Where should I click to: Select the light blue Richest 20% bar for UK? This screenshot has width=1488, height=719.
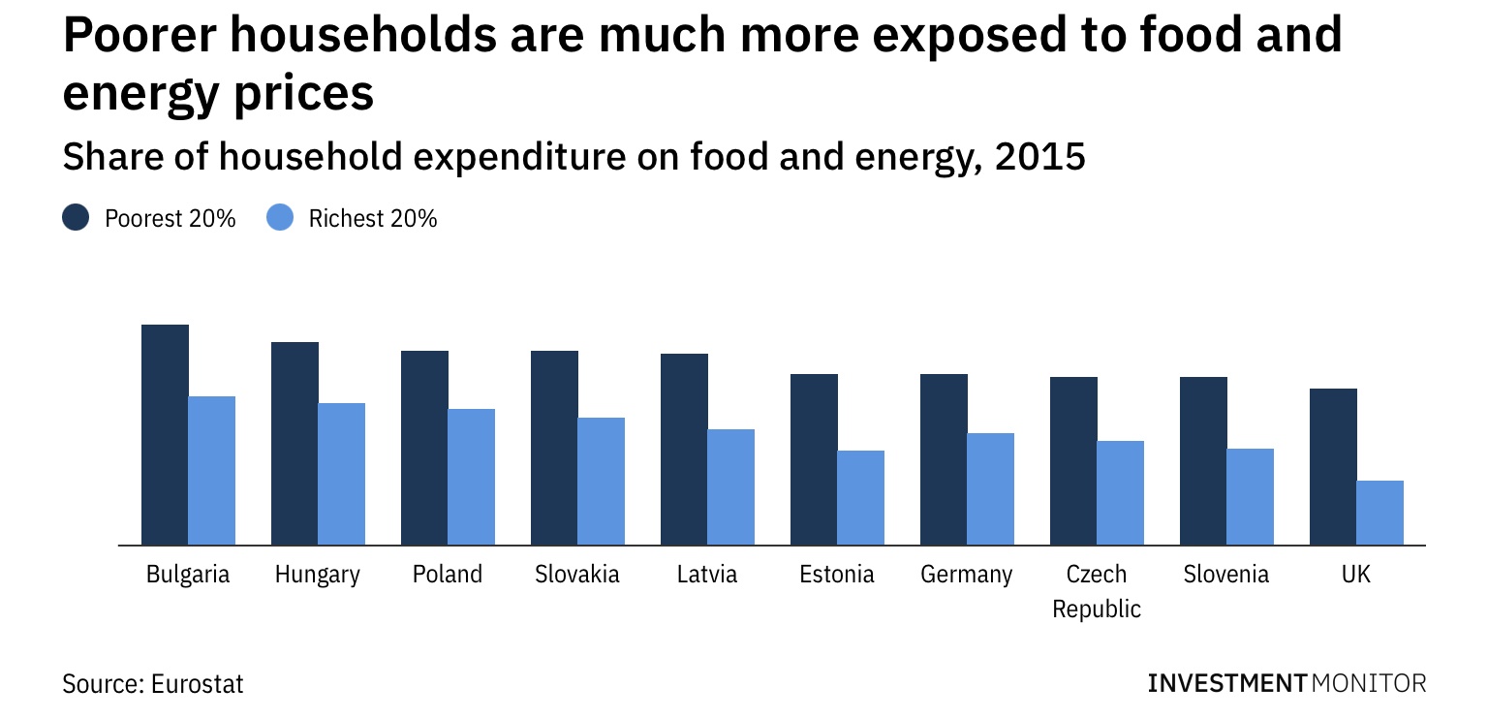point(1379,513)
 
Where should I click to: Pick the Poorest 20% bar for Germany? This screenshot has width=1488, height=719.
point(944,459)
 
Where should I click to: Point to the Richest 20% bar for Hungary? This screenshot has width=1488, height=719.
point(341,474)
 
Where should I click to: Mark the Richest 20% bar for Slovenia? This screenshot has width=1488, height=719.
point(1250,496)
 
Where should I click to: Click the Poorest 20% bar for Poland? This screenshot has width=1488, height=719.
point(424,448)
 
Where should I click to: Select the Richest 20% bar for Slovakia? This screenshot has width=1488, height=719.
point(601,481)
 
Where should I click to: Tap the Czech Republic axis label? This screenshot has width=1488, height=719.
point(1097,591)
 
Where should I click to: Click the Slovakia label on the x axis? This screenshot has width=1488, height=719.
point(577,575)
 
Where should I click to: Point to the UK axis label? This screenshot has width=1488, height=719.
point(1356,575)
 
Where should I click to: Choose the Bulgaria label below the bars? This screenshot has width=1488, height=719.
point(188,575)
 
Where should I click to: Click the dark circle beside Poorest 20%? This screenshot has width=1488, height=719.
point(76,218)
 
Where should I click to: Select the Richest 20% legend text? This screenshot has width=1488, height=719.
point(373,219)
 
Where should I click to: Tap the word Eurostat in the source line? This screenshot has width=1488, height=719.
point(198,684)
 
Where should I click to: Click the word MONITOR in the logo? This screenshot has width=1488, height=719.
point(1369,683)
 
